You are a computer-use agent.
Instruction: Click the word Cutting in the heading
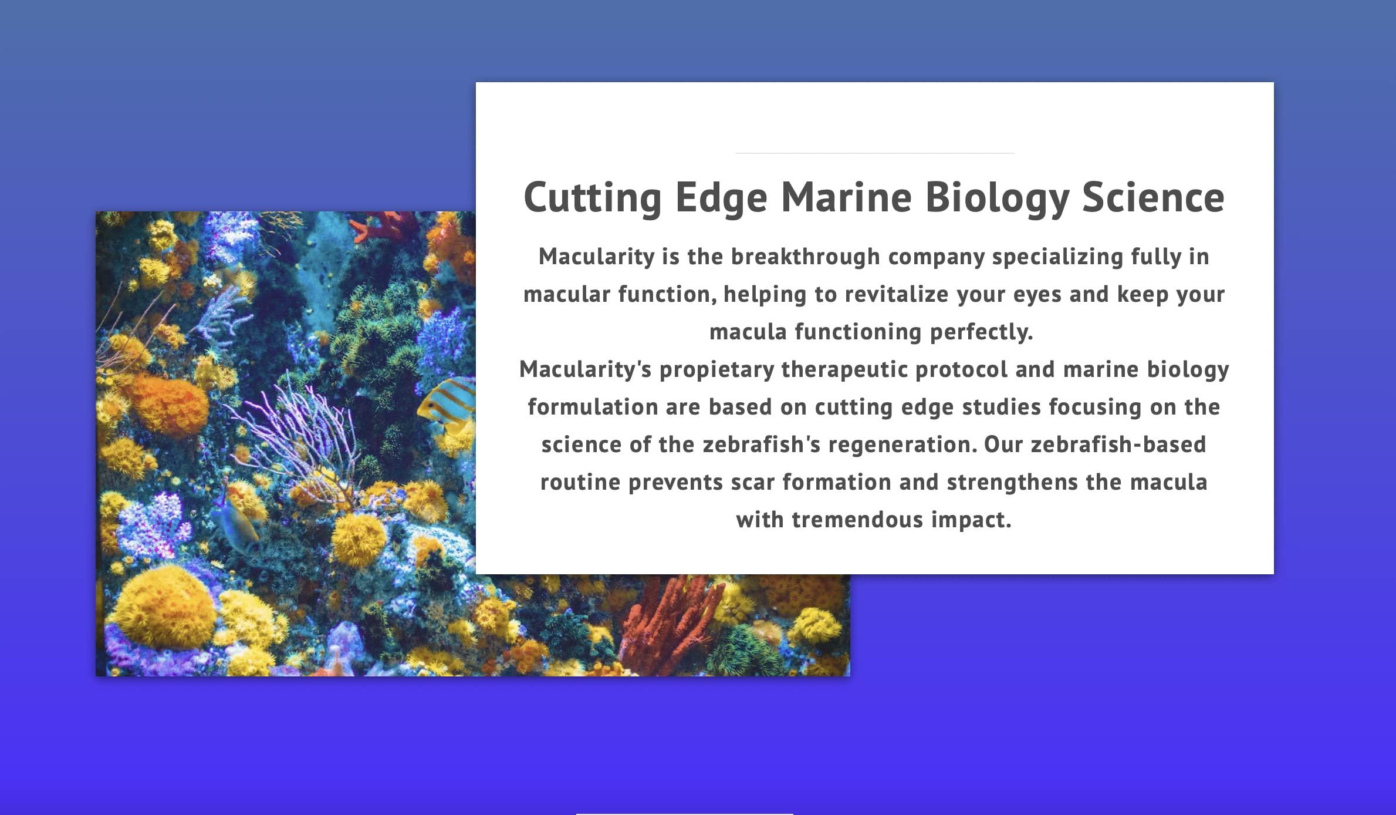click(x=593, y=198)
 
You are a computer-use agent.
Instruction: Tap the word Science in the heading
click(x=1154, y=197)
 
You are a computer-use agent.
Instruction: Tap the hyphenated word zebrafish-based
click(x=1118, y=444)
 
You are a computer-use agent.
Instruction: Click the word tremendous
click(x=857, y=520)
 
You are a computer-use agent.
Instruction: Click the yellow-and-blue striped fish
click(x=448, y=405)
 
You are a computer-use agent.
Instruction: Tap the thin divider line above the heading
click(x=874, y=153)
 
